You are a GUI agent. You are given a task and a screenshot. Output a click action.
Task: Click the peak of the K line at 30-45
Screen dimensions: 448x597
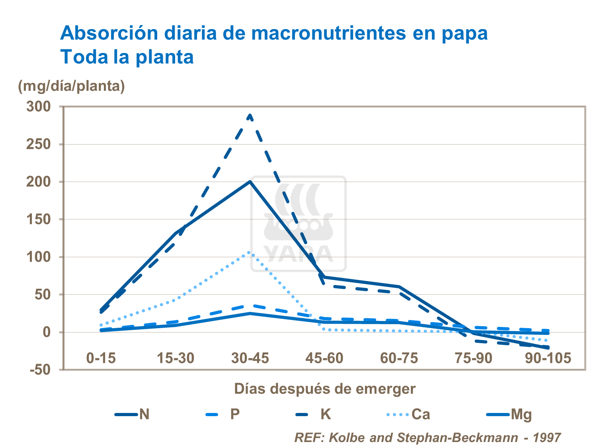[250, 115]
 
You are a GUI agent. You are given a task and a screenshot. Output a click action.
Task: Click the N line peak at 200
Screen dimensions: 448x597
[250, 182]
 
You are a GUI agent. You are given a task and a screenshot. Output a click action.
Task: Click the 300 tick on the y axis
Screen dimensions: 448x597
[39, 106]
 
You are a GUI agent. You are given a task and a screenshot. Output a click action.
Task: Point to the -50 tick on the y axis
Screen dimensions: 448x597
[40, 370]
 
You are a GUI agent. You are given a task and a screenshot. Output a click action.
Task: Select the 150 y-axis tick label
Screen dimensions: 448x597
[39, 219]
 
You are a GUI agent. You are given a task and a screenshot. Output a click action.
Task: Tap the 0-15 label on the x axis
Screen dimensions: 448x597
[101, 358]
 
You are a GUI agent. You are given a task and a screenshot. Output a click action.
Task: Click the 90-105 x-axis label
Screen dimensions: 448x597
[548, 358]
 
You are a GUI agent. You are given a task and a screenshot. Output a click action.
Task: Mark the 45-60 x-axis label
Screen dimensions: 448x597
[324, 358]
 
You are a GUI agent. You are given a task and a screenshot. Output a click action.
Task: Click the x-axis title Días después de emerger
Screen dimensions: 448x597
[324, 389]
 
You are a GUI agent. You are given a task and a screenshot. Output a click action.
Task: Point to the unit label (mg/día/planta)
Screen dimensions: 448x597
[71, 86]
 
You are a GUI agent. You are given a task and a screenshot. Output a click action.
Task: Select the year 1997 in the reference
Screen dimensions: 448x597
[546, 438]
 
